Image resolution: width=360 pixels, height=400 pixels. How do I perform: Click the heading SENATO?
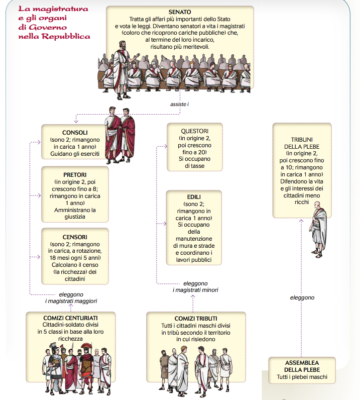tap(180, 11)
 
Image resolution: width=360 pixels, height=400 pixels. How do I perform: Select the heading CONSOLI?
tap(75, 133)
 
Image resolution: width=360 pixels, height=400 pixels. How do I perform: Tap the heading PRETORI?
tap(75, 174)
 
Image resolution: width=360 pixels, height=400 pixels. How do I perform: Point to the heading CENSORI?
tap(75, 236)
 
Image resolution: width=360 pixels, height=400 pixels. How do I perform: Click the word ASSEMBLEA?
tap(302, 362)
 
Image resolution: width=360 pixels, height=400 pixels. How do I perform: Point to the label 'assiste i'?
tap(180, 105)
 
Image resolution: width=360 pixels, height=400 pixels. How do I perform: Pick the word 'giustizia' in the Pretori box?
tap(75, 217)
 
